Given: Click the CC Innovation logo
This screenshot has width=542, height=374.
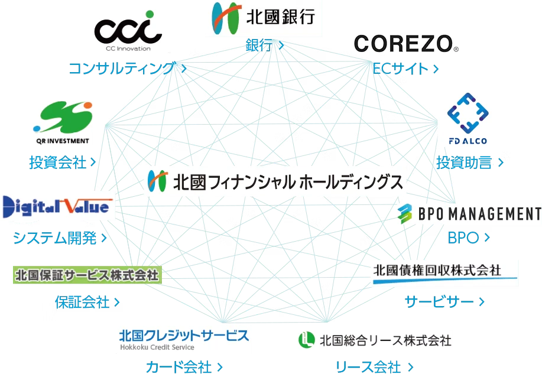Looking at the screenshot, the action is pyautogui.click(x=128, y=31).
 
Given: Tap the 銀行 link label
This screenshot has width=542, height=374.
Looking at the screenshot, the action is pyautogui.click(x=264, y=45).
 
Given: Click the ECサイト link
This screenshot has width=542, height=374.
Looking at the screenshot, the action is pyautogui.click(x=405, y=69).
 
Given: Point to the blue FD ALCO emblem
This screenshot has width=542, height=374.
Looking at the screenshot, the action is pyautogui.click(x=468, y=113).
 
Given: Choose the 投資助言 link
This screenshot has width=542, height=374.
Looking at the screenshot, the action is pyautogui.click(x=470, y=162).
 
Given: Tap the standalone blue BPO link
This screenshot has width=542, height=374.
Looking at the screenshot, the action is pyautogui.click(x=469, y=238).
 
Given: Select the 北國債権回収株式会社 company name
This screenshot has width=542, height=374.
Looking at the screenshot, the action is pyautogui.click(x=437, y=270).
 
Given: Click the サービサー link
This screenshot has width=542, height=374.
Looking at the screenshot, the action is pyautogui.click(x=444, y=302).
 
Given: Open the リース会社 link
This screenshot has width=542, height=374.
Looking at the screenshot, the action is pyautogui.click(x=374, y=367).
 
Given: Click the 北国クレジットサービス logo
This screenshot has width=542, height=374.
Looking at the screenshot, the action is pyautogui.click(x=184, y=339).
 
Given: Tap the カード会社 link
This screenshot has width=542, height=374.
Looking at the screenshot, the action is pyautogui.click(x=184, y=367).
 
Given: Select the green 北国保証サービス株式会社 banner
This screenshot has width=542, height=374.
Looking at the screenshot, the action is pyautogui.click(x=87, y=275).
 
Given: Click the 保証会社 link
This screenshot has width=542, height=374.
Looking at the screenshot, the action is pyautogui.click(x=87, y=302).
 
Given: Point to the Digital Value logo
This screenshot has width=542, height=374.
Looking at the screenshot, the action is pyautogui.click(x=57, y=207).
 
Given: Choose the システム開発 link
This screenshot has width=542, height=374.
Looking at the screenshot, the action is pyautogui.click(x=60, y=238).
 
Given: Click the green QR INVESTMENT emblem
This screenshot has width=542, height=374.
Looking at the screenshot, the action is pyautogui.click(x=63, y=117).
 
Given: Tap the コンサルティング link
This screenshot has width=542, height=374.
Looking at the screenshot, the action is pyautogui.click(x=128, y=68).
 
